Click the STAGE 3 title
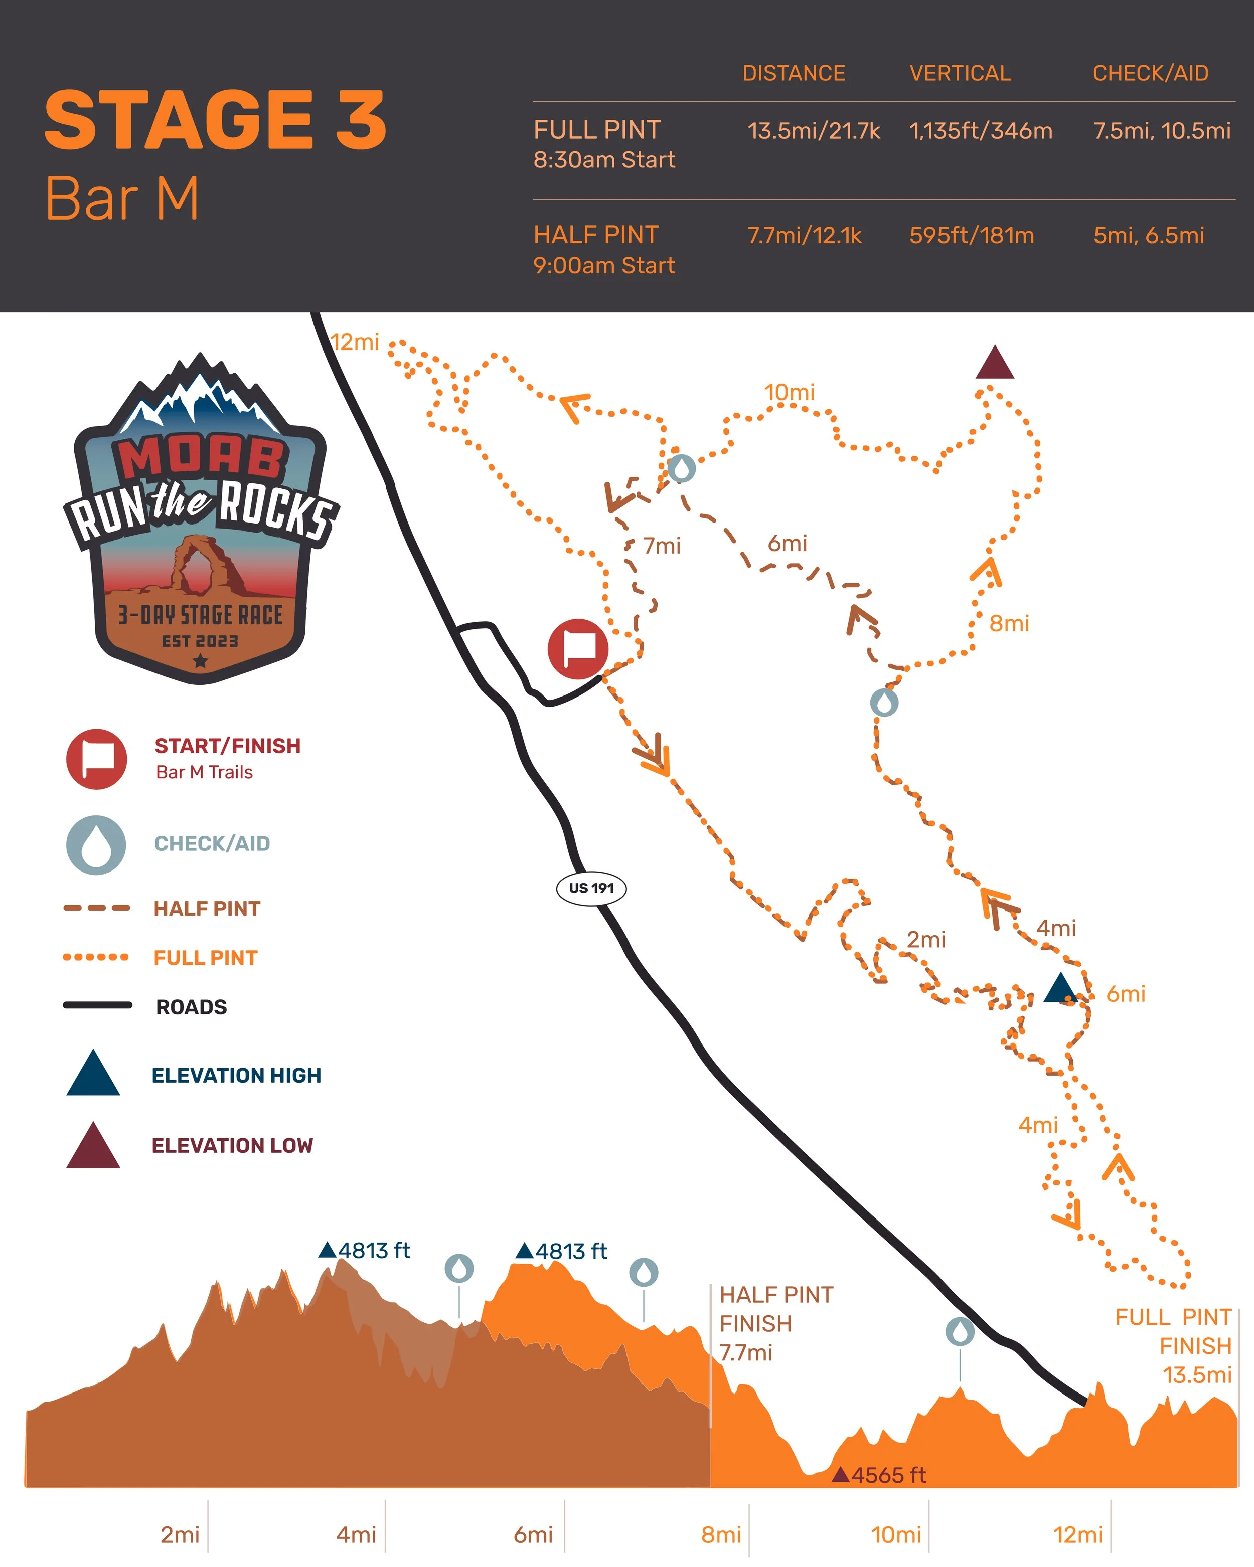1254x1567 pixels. pos(215,121)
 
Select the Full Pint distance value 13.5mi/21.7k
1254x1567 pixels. pos(814,131)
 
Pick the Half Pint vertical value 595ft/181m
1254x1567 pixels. pos(971,236)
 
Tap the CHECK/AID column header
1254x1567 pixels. pos(1150,73)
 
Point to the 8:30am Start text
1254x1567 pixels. pos(604,160)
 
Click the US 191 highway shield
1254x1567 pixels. pos(591,888)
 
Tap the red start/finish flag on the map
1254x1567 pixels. pos(578,649)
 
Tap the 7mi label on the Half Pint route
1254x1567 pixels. pos(662,546)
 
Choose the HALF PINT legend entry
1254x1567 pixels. pos(207,909)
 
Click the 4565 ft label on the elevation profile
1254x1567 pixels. pos(888,1475)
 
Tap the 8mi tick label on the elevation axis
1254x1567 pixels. pos(720,1535)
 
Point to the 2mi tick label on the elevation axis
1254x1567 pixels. pos(180,1535)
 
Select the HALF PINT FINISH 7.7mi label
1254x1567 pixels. pos(775,1323)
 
